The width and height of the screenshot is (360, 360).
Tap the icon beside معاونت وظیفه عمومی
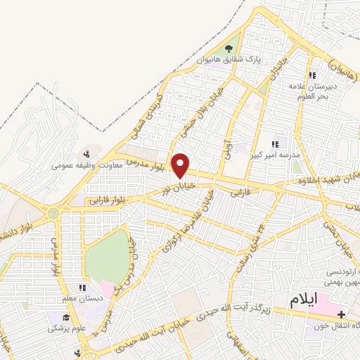pos(86,154)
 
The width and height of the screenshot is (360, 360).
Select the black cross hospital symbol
pos(342,314)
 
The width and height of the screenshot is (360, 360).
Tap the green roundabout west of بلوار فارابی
pos(53,212)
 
